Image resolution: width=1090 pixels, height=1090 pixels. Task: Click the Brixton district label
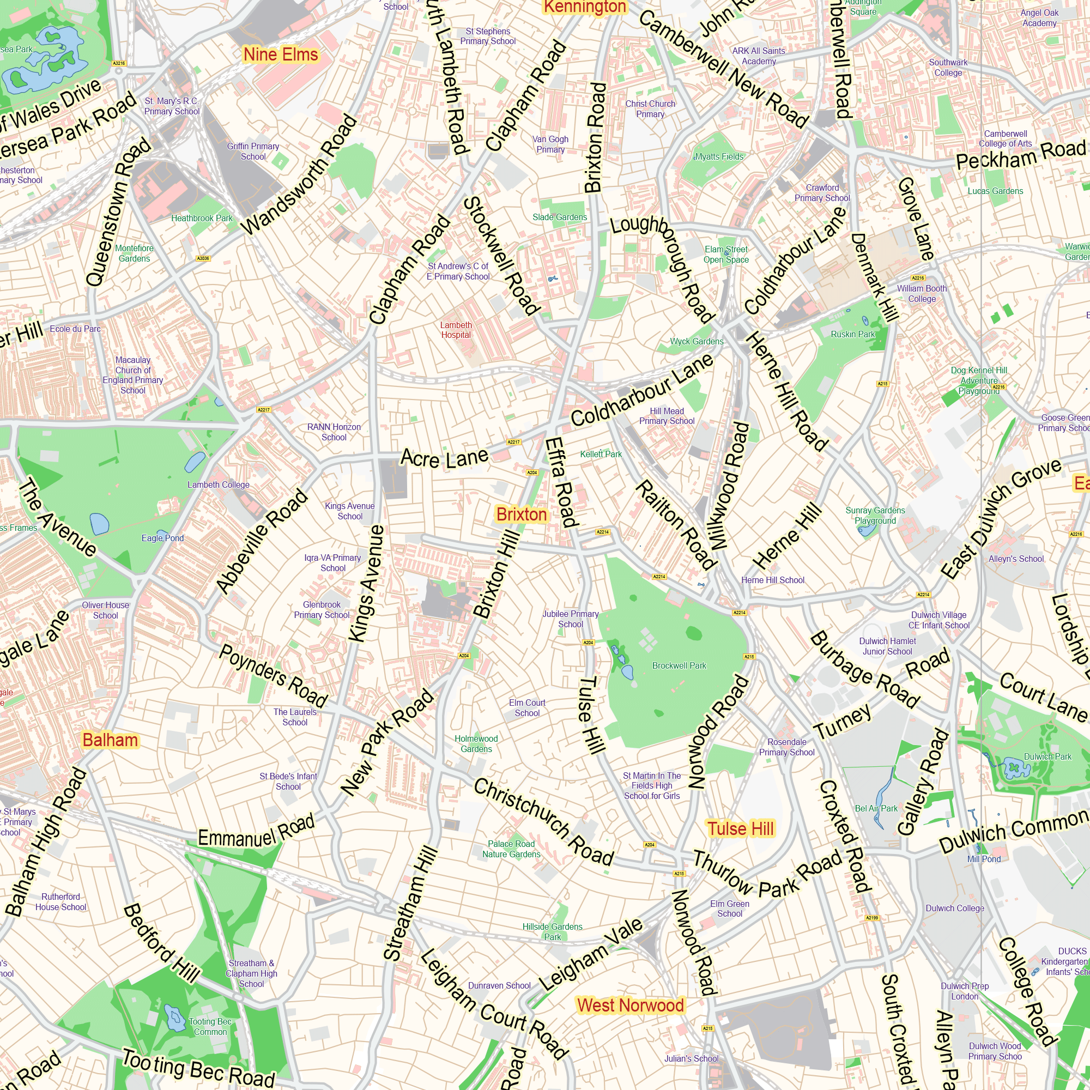(522, 514)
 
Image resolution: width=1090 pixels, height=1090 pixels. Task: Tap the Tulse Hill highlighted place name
(740, 829)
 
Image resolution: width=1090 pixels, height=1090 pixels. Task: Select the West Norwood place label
(630, 1006)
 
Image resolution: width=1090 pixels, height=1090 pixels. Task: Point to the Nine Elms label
(280, 55)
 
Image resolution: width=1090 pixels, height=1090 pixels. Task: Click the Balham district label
(110, 740)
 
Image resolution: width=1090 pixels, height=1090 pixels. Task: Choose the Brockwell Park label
(679, 666)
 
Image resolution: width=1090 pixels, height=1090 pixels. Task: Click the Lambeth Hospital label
(456, 330)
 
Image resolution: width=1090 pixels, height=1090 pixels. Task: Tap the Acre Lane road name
(444, 458)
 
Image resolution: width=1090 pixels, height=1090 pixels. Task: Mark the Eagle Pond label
(162, 538)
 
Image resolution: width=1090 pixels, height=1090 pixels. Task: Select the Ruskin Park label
(852, 335)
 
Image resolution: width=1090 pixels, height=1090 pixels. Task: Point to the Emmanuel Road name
(256, 832)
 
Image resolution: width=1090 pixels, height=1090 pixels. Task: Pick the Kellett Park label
(601, 454)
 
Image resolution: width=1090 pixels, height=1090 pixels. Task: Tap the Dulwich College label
(955, 909)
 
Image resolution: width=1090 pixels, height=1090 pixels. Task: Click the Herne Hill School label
(772, 580)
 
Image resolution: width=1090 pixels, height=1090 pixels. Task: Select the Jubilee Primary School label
(571, 619)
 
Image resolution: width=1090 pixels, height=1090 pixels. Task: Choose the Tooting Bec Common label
(210, 1027)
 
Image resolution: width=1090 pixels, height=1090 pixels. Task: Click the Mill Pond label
(984, 859)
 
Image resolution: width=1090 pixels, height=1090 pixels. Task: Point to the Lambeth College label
(219, 485)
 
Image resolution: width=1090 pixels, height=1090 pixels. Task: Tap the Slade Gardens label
(560, 217)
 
